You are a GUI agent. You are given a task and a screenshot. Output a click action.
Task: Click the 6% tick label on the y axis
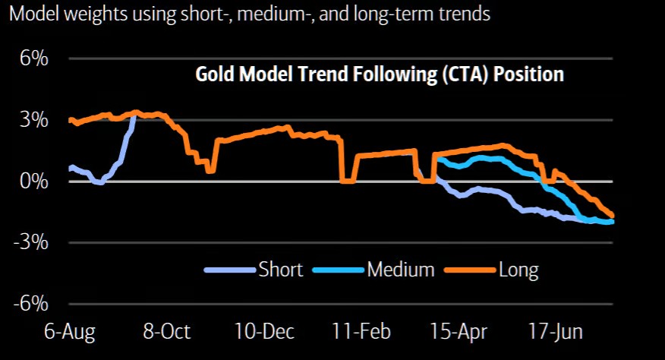pyautogui.click(x=34, y=58)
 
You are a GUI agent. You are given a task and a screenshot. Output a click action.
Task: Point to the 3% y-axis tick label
pyautogui.click(x=34, y=120)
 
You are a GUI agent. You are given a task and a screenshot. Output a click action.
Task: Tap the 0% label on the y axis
pyautogui.click(x=34, y=182)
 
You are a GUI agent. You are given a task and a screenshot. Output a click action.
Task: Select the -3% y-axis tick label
pyautogui.click(x=30, y=242)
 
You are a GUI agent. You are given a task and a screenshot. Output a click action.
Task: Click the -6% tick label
pyautogui.click(x=30, y=304)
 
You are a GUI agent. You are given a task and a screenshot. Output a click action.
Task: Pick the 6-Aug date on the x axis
pyautogui.click(x=70, y=332)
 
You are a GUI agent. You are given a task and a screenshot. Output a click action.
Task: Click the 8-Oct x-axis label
pyautogui.click(x=167, y=332)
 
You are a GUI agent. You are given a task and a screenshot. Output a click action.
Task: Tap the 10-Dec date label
pyautogui.click(x=264, y=332)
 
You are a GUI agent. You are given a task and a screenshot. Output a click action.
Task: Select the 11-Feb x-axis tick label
pyautogui.click(x=361, y=332)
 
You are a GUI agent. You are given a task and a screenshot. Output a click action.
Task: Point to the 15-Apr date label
pyautogui.click(x=459, y=332)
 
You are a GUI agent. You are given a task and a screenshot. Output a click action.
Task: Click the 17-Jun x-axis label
pyautogui.click(x=556, y=332)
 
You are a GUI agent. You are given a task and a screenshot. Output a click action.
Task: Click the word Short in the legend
pyautogui.click(x=281, y=270)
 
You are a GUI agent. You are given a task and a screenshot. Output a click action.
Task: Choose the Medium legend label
pyautogui.click(x=401, y=270)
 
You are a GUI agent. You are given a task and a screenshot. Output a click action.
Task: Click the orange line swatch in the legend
pyautogui.click(x=470, y=270)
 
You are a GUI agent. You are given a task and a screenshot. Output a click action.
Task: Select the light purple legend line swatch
pyautogui.click(x=230, y=270)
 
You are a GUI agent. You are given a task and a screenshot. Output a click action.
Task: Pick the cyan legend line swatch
pyautogui.click(x=339, y=270)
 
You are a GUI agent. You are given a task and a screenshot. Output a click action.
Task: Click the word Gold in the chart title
pyautogui.click(x=215, y=74)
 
